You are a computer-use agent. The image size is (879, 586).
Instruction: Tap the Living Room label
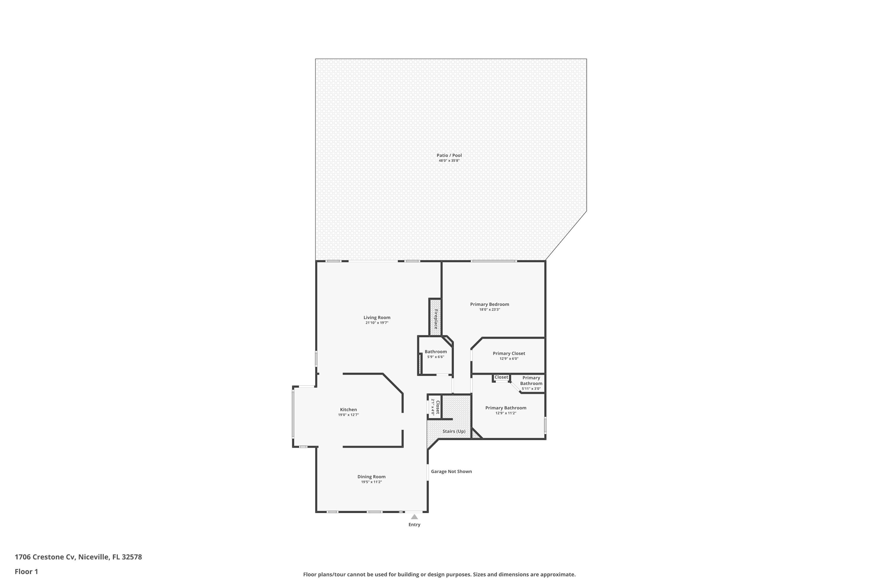pyautogui.click(x=377, y=318)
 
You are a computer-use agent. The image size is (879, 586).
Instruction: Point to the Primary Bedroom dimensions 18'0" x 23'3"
pyautogui.click(x=490, y=309)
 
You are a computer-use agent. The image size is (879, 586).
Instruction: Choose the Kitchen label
pyautogui.click(x=348, y=410)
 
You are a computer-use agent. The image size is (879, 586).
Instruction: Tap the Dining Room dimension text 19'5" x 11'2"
pyautogui.click(x=371, y=482)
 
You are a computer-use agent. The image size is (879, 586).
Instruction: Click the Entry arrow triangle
pyautogui.click(x=414, y=517)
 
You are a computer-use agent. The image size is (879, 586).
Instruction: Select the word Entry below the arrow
pyautogui.click(x=414, y=525)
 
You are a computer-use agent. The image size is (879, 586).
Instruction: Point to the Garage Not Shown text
pyautogui.click(x=451, y=472)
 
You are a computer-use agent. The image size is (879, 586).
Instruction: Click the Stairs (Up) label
pyautogui.click(x=454, y=431)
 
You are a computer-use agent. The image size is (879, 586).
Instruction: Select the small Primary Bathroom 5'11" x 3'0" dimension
pyautogui.click(x=531, y=389)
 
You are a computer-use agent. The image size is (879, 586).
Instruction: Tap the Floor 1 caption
pyautogui.click(x=26, y=571)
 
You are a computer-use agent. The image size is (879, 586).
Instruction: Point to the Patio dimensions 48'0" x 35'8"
pyautogui.click(x=449, y=161)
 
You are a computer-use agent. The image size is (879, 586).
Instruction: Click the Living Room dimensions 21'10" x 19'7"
pyautogui.click(x=377, y=323)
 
